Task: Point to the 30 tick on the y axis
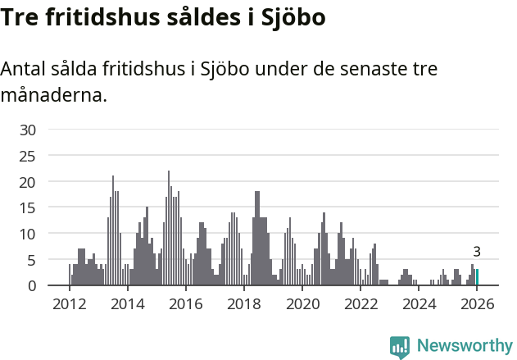tap(29, 130)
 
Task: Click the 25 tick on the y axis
tap(29, 156)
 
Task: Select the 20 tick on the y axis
tap(29, 181)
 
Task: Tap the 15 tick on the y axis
tap(29, 207)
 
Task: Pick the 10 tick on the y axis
tap(29, 234)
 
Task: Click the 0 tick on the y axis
tap(33, 285)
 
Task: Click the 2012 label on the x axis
tap(69, 305)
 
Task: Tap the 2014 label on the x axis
tap(127, 305)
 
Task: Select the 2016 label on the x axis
tap(186, 305)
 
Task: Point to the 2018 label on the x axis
tap(244, 305)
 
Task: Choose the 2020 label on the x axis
tap(303, 305)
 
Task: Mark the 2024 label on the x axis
tap(419, 305)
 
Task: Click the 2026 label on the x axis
tap(477, 305)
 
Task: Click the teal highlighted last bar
tap(477, 277)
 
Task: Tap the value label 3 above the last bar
tap(477, 252)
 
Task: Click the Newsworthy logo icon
tap(400, 348)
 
